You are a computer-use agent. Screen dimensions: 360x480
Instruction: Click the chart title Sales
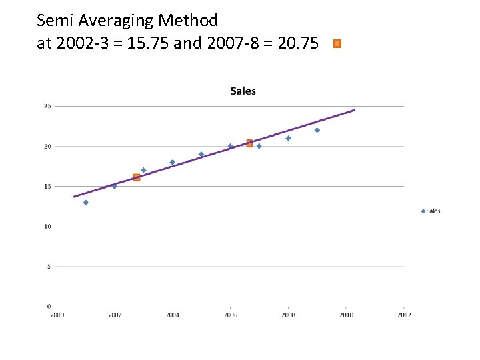[243, 91]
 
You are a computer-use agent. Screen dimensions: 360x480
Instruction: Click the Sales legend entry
[431, 211]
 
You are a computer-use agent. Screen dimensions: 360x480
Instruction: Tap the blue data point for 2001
[85, 203]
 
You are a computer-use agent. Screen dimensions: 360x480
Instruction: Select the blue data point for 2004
[172, 162]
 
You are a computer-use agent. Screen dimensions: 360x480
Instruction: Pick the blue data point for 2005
[201, 154]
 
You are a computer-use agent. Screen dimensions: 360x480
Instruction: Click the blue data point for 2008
[288, 138]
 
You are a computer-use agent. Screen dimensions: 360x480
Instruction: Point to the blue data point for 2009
[317, 130]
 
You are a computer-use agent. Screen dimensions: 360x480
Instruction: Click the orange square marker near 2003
[137, 177]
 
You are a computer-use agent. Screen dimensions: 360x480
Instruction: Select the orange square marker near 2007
[249, 143]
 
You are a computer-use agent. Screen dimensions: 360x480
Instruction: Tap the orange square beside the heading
[337, 43]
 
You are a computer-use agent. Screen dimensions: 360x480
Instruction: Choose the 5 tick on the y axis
[49, 267]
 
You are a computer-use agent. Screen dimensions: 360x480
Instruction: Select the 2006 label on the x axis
[230, 315]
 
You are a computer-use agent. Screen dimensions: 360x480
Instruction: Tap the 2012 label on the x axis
[403, 315]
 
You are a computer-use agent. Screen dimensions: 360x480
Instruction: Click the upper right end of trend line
[354, 110]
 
